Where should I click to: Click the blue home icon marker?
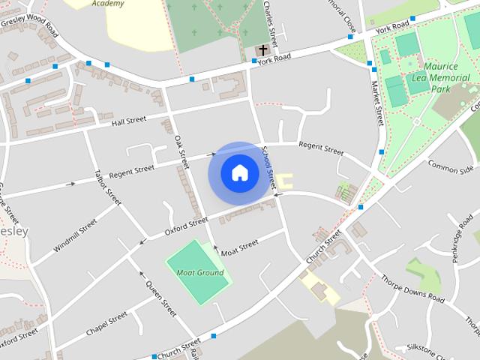point(239,173)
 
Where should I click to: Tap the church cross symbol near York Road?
point(263,49)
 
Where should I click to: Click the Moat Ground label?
point(199,272)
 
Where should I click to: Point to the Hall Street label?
point(129,121)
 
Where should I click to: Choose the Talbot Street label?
point(108,187)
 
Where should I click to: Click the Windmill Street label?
point(75,235)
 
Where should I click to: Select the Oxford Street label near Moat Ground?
point(186,226)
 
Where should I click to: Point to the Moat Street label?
point(239,246)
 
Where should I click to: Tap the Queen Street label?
point(161,298)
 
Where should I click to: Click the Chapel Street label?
point(106,325)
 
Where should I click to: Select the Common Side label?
point(451,164)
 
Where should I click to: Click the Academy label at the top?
point(107,4)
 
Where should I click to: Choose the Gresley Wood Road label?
point(30,23)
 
